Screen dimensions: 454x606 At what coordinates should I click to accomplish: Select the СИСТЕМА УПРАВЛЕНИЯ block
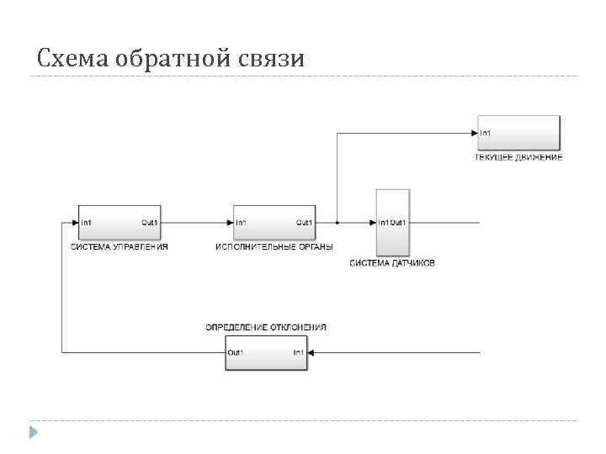click(x=120, y=222)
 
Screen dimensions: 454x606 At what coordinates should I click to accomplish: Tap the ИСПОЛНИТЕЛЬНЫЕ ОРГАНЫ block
click(x=274, y=222)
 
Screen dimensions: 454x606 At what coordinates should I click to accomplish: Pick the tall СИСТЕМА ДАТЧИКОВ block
click(x=392, y=222)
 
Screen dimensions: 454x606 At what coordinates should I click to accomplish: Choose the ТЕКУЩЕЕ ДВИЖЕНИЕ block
click(x=518, y=133)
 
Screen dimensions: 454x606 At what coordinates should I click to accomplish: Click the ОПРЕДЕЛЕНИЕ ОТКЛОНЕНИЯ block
click(x=266, y=352)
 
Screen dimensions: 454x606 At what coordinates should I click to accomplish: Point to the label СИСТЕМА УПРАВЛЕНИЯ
click(x=119, y=247)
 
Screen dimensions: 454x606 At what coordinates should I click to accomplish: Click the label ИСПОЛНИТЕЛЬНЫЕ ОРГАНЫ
click(x=274, y=247)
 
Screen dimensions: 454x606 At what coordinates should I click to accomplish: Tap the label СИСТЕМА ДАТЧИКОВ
click(x=392, y=264)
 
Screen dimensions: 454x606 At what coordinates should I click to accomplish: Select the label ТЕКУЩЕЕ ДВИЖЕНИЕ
click(x=518, y=158)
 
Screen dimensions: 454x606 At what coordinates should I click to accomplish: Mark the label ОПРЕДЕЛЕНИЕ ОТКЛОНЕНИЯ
click(x=266, y=327)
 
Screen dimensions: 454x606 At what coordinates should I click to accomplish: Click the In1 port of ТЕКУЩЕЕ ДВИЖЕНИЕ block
click(x=486, y=133)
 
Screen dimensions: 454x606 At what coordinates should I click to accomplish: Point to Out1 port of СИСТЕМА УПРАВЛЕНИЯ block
click(x=149, y=223)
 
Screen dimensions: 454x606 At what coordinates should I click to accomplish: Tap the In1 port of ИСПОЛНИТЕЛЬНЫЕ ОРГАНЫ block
click(x=242, y=223)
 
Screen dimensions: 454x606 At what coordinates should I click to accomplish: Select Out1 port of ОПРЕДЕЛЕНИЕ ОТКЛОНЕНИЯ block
click(x=236, y=352)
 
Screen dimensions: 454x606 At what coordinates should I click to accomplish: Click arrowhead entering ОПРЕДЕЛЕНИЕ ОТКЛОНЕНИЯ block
click(x=312, y=352)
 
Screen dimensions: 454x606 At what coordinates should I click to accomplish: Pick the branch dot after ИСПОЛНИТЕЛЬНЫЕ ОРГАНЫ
click(x=337, y=223)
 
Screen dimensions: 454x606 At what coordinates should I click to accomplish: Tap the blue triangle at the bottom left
click(x=33, y=432)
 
